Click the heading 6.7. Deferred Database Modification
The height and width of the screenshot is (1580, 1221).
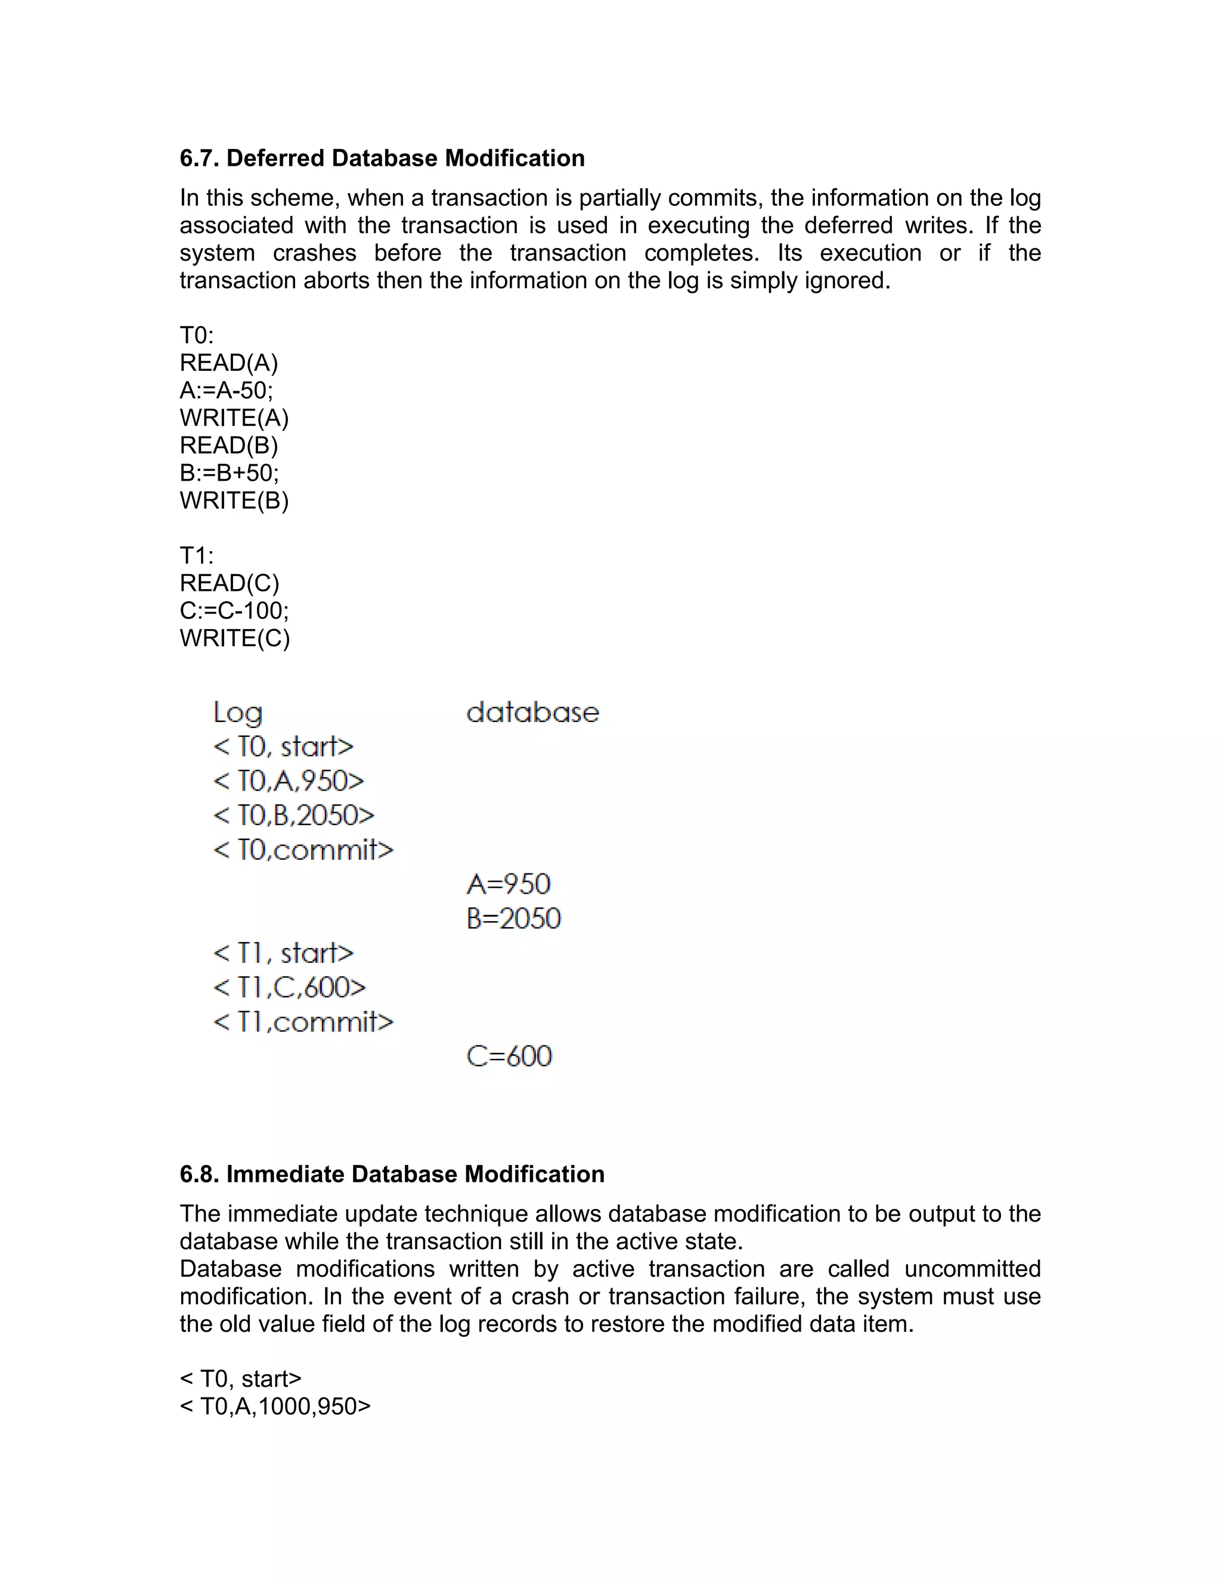[382, 159]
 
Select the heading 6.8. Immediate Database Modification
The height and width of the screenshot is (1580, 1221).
[392, 1174]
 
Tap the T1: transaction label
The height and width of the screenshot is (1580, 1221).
[197, 556]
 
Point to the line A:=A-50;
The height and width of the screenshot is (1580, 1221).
[227, 391]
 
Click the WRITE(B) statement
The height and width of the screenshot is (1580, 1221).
[234, 501]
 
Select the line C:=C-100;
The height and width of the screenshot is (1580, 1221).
[234, 611]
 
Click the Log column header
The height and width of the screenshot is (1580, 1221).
[238, 713]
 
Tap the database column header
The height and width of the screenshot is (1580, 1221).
[532, 713]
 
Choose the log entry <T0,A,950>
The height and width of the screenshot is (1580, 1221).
[289, 781]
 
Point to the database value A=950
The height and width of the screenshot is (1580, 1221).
[509, 884]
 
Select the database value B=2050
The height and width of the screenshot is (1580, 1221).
[513, 919]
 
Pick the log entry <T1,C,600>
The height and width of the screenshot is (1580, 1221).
[289, 987]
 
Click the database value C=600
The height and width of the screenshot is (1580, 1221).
[509, 1057]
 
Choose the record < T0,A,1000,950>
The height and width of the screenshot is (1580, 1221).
[275, 1406]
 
